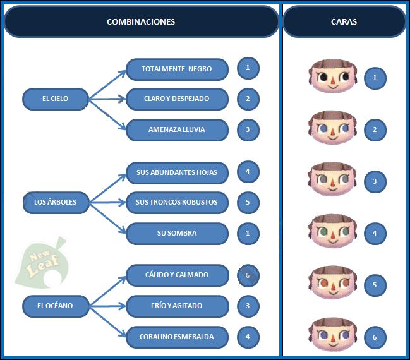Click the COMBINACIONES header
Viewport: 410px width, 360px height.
(x=141, y=21)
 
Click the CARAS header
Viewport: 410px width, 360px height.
(x=344, y=21)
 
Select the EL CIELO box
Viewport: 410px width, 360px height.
(x=55, y=99)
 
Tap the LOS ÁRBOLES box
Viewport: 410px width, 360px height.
(x=55, y=203)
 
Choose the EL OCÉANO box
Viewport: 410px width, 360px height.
(x=55, y=306)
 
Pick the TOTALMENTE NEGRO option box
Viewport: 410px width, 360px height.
(x=176, y=69)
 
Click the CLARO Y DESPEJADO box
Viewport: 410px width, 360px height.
(x=176, y=99)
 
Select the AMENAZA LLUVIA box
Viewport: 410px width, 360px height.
(x=176, y=130)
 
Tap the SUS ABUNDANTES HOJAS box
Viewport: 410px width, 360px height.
(x=176, y=172)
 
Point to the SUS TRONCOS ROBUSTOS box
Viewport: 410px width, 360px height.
(x=176, y=203)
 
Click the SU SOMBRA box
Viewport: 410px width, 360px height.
(x=176, y=234)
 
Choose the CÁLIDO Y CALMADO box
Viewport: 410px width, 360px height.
(x=176, y=275)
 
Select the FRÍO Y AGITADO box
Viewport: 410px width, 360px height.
(x=176, y=306)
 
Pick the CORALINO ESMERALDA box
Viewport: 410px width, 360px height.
(x=176, y=337)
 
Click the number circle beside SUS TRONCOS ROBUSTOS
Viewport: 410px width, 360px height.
(x=248, y=203)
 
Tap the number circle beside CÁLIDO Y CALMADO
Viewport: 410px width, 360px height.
(x=248, y=275)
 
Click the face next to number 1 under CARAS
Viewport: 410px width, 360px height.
(x=332, y=77)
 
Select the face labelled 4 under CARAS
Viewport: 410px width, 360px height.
(x=332, y=232)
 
